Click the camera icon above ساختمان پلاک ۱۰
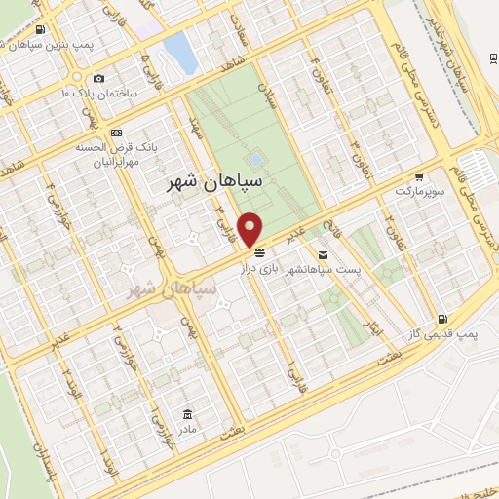coord(98,78)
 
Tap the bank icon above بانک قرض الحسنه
coord(117,133)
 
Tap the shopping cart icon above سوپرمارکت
coord(419,178)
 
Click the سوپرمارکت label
coord(419,192)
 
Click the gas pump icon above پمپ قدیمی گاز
coord(444,319)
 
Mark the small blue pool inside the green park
coord(255,158)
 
